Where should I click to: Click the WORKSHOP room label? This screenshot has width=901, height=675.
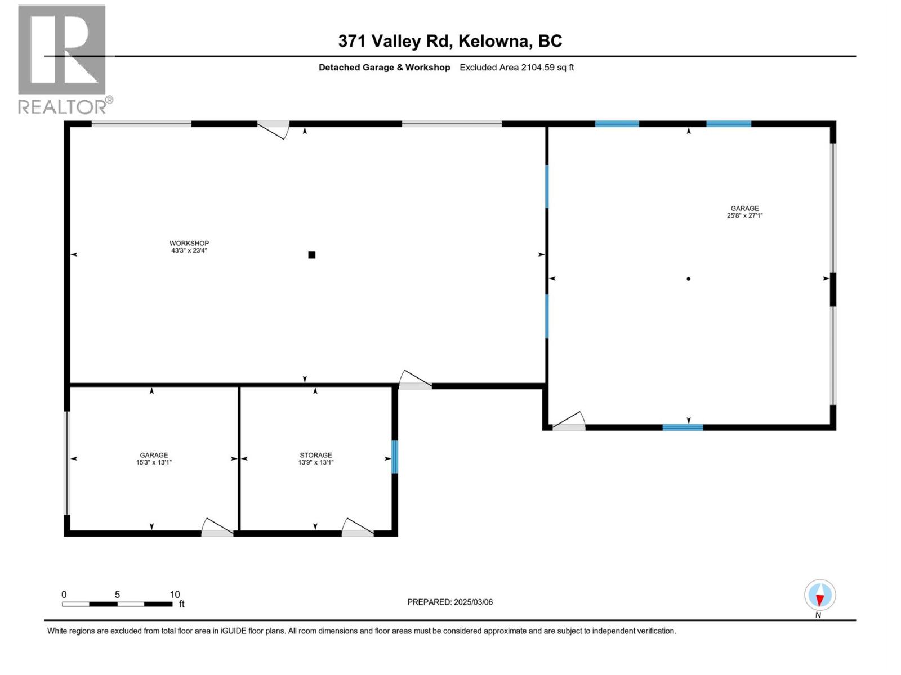(x=189, y=243)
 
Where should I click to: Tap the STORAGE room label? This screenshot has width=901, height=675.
(x=315, y=455)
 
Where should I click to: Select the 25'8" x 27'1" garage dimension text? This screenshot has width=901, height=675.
(x=744, y=215)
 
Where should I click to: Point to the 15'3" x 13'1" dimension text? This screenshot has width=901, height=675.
(x=154, y=462)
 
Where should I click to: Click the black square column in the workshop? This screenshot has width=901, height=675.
(x=311, y=255)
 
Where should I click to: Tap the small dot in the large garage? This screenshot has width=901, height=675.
(x=688, y=278)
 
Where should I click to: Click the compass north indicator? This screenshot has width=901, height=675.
(x=820, y=596)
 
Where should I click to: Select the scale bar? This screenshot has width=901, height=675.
(x=117, y=604)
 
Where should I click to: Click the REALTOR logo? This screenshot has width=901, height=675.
(x=63, y=58)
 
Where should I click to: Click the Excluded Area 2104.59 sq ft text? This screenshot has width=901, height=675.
(x=516, y=67)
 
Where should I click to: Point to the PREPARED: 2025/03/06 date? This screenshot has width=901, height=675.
(x=450, y=602)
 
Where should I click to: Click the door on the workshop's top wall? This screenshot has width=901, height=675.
(x=274, y=128)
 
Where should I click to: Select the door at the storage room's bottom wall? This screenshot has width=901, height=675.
(x=358, y=528)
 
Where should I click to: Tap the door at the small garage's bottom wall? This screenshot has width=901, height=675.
(x=217, y=528)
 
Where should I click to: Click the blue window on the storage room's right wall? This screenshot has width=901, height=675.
(x=394, y=457)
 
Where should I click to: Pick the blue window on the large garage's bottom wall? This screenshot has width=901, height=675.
(x=683, y=427)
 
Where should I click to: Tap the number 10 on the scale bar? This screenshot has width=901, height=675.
(x=175, y=595)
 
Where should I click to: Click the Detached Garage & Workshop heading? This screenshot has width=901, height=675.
(x=384, y=67)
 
